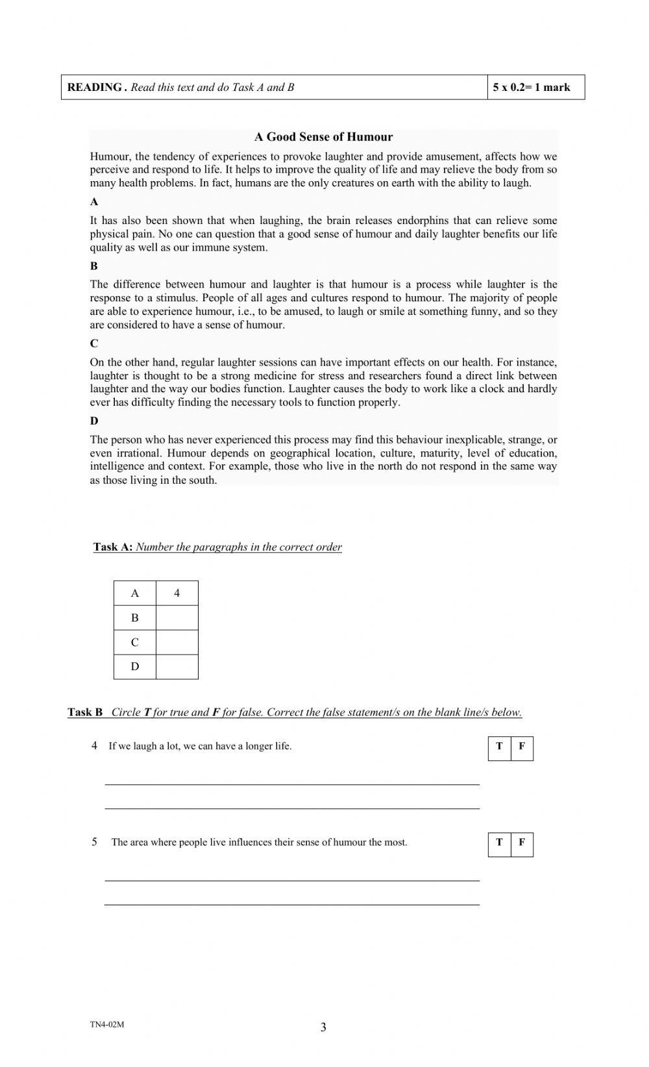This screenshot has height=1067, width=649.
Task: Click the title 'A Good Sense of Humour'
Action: (x=323, y=137)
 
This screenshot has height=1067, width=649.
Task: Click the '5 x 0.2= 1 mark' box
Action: (x=532, y=88)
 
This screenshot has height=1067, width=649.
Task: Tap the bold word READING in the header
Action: (x=95, y=88)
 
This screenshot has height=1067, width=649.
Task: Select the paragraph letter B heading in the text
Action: (x=94, y=266)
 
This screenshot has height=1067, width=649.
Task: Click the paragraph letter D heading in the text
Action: (x=94, y=421)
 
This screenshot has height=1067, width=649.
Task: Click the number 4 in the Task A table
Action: (x=177, y=593)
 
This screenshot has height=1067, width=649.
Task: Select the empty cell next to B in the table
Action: (x=177, y=618)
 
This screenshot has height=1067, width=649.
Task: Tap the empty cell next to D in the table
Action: (x=177, y=666)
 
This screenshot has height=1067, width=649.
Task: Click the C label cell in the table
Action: (x=134, y=642)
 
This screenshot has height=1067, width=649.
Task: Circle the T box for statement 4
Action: (x=499, y=747)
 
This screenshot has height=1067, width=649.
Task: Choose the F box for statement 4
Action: (x=522, y=747)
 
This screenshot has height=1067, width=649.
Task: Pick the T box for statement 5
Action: (x=499, y=843)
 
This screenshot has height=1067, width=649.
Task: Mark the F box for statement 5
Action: (x=522, y=843)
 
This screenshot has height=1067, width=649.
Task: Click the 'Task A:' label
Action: (x=113, y=547)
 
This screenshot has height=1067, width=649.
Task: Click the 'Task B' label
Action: (x=85, y=712)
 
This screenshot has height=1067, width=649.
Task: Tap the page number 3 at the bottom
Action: (x=323, y=1027)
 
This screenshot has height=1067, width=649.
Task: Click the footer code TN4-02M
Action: (x=107, y=1025)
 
